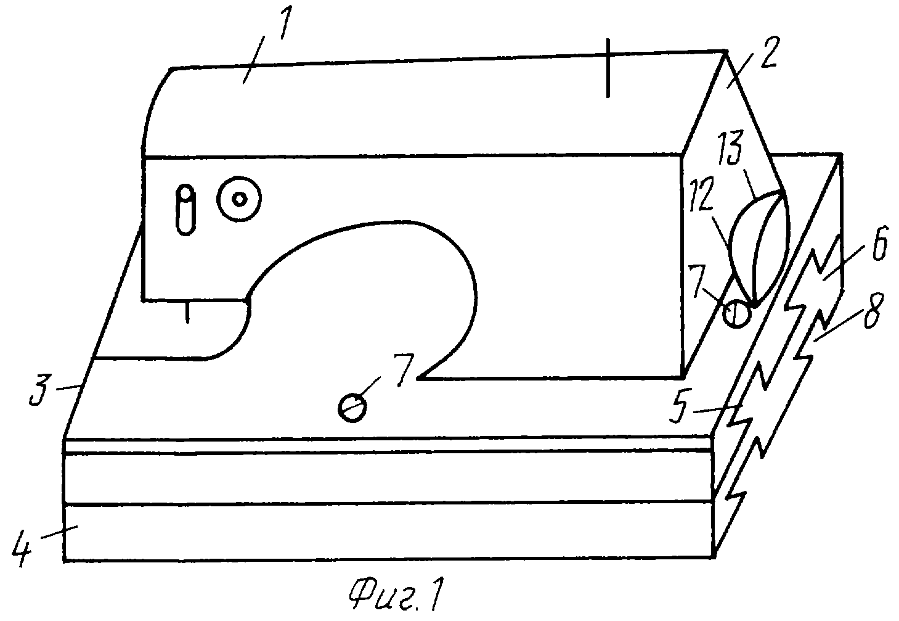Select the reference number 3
click(x=40, y=390)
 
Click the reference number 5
click(x=681, y=405)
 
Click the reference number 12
click(x=701, y=194)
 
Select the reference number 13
click(x=734, y=147)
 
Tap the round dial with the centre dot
click(x=239, y=199)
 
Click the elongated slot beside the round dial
click(x=186, y=210)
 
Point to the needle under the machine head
click(x=187, y=311)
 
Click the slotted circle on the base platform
click(x=352, y=408)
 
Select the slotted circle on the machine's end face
click(x=736, y=314)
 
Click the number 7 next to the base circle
click(x=404, y=370)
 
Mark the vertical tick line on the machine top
click(x=608, y=68)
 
